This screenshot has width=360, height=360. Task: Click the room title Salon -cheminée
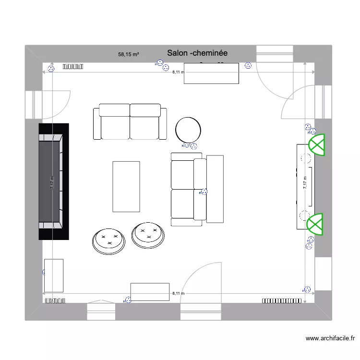[x=197, y=53]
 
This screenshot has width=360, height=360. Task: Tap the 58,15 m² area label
[x=128, y=55]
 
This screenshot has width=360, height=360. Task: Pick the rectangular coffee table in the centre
[x=126, y=186]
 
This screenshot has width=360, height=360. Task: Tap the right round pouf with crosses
[x=149, y=235]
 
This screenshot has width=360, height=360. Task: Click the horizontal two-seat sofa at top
[x=130, y=121]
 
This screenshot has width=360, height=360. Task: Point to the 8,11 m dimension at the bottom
[x=178, y=293]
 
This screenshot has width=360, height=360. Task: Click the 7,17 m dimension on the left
[x=52, y=182]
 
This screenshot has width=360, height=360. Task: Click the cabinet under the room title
[x=211, y=73]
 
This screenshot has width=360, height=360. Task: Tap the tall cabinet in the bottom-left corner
[x=54, y=275]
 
